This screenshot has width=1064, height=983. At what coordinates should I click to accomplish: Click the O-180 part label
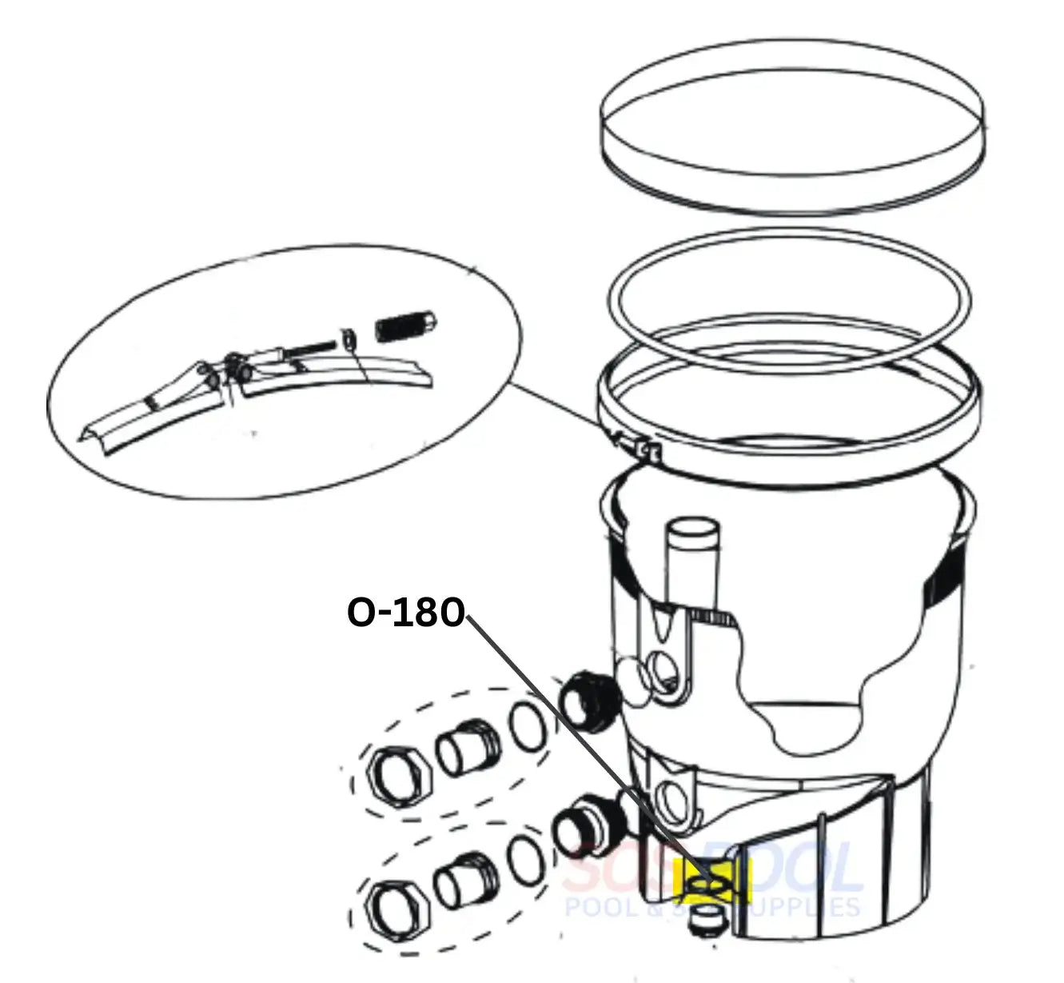point(405,613)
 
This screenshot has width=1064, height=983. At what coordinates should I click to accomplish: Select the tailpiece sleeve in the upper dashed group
point(467,752)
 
